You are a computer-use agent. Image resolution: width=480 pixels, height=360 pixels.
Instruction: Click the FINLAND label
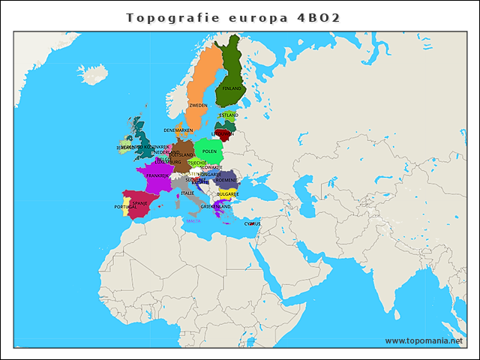(232, 88)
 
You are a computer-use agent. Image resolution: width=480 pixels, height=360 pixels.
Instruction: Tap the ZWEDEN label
(199, 106)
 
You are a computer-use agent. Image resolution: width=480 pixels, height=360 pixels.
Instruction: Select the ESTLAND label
(229, 115)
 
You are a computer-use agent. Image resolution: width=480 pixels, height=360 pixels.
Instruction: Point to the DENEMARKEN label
(178, 130)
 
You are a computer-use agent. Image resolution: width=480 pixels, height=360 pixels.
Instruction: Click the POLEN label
(209, 151)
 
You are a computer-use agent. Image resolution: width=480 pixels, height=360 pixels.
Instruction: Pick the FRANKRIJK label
(157, 175)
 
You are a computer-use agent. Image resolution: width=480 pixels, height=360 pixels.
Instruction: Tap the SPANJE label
(140, 202)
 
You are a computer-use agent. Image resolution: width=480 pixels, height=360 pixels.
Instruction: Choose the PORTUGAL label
(125, 207)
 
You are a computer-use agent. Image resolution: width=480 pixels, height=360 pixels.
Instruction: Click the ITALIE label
(187, 193)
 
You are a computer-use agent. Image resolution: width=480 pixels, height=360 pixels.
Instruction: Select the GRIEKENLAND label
(215, 206)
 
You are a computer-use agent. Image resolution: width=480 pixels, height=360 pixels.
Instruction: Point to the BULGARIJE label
(227, 193)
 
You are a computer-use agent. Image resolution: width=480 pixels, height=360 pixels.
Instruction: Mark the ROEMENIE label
(226, 180)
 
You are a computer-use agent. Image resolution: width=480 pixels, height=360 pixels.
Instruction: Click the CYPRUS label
(252, 223)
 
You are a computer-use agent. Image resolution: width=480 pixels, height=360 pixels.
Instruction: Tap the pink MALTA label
(193, 221)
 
